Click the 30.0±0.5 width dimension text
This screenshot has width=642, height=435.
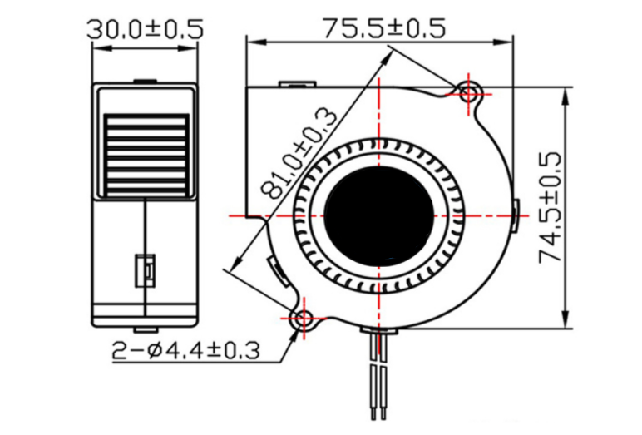point(145,29)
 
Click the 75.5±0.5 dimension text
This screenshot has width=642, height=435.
point(384,29)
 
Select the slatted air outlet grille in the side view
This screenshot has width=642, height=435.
point(146,155)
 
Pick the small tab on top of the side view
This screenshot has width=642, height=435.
point(145,82)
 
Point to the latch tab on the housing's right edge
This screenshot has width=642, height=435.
point(516,214)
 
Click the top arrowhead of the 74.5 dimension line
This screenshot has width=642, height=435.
point(566,92)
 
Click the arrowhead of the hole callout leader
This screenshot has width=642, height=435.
point(295,333)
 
